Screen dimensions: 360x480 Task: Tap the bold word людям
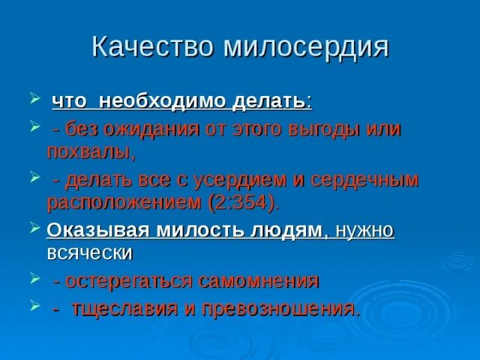pos(288,231)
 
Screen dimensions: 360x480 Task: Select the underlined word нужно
pos(364,231)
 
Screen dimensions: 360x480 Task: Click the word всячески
pos(89,253)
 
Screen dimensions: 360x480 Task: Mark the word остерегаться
pos(130,281)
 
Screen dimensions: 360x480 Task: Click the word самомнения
pos(259,281)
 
